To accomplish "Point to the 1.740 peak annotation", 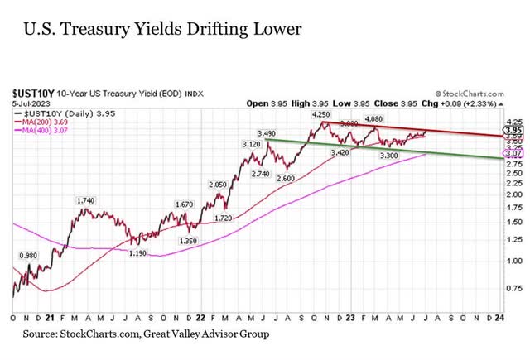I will click(x=85, y=201).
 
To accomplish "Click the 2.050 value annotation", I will click(x=217, y=185).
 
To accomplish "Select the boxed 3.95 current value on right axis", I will click(x=513, y=131).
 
